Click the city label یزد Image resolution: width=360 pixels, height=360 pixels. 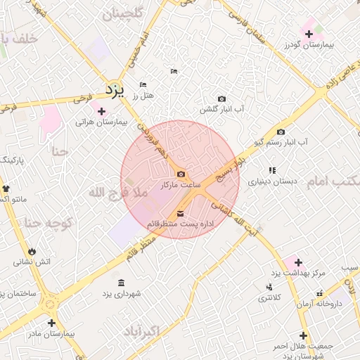tap(114, 91)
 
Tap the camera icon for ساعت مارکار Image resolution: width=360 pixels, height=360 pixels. tap(181, 174)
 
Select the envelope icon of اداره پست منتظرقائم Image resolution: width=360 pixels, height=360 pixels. tap(181, 213)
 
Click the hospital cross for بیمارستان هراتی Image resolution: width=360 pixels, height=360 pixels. tap(102, 111)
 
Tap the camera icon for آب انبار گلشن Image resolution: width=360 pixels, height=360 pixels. tap(222, 98)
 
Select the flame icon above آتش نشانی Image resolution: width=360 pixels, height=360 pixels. tap(32, 251)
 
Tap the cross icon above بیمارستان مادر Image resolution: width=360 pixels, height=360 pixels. tap(51, 323)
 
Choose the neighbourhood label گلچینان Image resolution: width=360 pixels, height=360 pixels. tap(122, 14)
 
